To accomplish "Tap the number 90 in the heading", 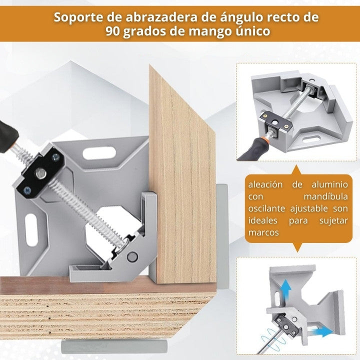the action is coord(112,31).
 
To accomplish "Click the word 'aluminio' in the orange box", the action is coord(329,184).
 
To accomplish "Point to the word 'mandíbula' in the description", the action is coord(325,196).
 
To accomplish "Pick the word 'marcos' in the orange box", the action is coord(263,232).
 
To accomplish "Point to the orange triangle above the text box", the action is coord(297,170).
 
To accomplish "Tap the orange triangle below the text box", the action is coord(297,247).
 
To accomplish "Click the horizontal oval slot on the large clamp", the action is coord(99,153).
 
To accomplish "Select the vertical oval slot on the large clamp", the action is coord(31,229).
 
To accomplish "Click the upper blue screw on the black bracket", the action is coord(56,157).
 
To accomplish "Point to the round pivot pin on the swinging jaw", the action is coord(132,256).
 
